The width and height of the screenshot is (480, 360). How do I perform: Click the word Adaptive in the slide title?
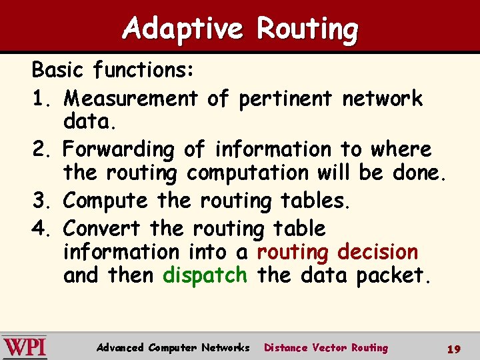183,29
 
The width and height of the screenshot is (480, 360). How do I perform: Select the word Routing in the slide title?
307,29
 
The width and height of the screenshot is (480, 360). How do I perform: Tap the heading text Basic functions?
113,69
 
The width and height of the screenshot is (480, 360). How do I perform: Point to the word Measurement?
131,99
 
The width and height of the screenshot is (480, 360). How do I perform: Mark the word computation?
247,173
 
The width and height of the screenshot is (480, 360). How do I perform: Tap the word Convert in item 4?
103,229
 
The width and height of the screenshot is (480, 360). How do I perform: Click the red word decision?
377,253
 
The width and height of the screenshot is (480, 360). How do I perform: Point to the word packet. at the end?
393,275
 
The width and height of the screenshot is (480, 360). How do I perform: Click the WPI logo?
25,347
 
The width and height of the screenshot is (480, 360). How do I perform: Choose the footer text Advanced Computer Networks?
173,347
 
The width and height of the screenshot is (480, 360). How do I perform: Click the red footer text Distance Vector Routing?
326,347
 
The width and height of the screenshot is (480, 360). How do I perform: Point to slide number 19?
454,349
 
